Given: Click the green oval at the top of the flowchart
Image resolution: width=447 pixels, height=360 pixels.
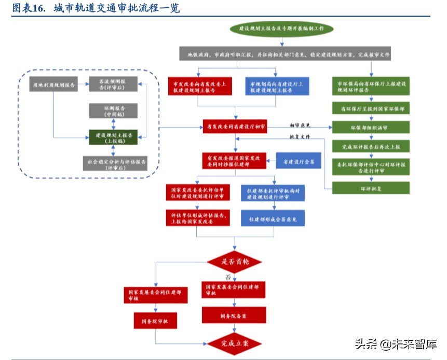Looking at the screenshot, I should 282,29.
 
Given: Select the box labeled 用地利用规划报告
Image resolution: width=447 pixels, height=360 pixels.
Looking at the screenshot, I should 53,84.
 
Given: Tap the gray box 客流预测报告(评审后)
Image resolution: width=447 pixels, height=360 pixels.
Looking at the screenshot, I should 113,84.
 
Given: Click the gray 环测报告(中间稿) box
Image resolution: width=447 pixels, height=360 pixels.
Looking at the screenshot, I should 113,110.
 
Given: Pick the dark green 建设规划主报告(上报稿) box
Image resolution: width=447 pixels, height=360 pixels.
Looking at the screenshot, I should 113,137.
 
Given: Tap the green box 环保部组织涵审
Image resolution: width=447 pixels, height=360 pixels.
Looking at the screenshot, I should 371,128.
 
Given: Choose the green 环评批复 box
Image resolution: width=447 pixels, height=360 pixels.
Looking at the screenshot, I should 371,187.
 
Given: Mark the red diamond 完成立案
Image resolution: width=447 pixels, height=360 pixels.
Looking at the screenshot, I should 235,343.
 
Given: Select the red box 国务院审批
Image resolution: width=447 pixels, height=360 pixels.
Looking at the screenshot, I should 155,321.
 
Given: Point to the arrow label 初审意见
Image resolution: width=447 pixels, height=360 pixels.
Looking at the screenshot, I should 300,125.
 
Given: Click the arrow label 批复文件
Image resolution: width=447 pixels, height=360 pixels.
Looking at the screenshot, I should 300,137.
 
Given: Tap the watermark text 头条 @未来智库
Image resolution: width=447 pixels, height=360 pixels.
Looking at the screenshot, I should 396,344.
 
